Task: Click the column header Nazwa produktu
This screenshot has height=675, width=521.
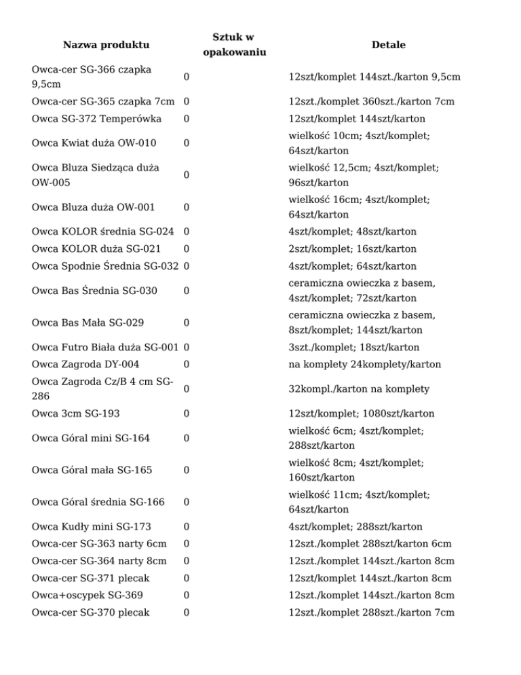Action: [x=105, y=45]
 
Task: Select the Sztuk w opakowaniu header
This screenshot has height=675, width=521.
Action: [x=233, y=45]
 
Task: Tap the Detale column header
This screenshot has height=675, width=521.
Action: [x=389, y=45]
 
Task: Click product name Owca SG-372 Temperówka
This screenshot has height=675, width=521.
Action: [x=96, y=119]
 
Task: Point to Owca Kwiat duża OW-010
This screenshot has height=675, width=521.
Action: [x=94, y=143]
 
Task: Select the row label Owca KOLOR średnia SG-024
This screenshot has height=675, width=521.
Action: [x=105, y=232]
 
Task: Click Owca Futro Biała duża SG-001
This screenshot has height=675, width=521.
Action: [x=105, y=347]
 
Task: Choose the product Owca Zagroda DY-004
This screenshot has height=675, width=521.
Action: [x=85, y=364]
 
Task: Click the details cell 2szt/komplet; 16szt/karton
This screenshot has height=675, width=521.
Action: [x=352, y=249]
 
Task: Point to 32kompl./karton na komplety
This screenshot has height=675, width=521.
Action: [x=349, y=388]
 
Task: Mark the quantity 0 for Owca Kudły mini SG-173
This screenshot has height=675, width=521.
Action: [x=186, y=526]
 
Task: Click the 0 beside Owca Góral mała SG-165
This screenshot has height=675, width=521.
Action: [x=186, y=469]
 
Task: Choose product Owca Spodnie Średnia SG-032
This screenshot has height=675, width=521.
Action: [x=106, y=266]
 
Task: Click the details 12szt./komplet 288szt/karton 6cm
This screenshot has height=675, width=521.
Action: [x=370, y=543]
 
